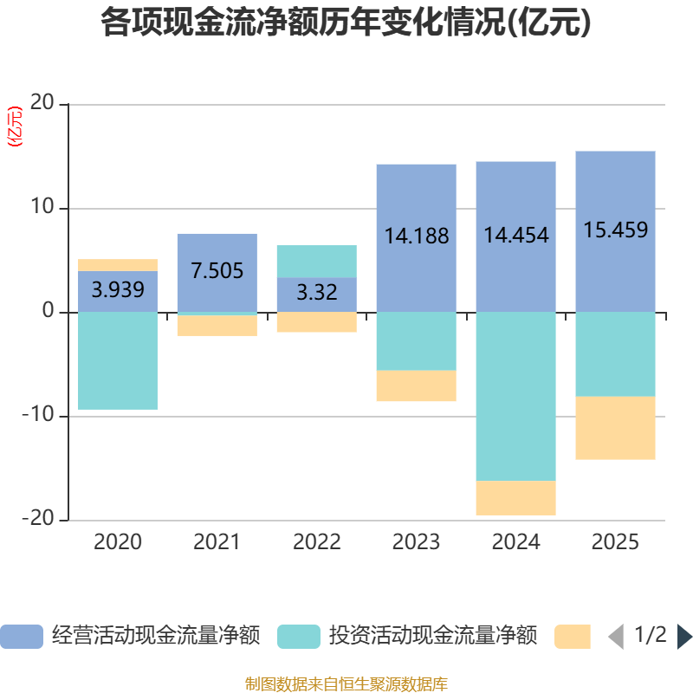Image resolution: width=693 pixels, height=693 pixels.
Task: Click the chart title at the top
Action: [x=346, y=23]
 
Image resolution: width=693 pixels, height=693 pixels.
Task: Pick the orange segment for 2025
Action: [x=615, y=428]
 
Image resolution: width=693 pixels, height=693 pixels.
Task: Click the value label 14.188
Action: [x=416, y=236]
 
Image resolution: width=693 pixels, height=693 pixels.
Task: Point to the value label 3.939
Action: [x=118, y=290]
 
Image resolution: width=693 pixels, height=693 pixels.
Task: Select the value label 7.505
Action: [x=217, y=270]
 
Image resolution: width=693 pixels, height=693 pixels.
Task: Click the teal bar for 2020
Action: [x=118, y=360]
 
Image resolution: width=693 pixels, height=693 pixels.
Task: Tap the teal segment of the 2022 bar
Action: [x=316, y=261]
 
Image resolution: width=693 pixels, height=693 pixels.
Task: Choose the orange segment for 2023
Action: [x=416, y=386]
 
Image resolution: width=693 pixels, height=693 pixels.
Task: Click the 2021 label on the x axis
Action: [x=217, y=543]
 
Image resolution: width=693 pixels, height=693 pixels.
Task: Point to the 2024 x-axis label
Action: [x=515, y=543]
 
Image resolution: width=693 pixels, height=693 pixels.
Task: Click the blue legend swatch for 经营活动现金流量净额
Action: [x=21, y=637]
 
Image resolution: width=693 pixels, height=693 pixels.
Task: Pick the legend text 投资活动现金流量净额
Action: [x=433, y=637]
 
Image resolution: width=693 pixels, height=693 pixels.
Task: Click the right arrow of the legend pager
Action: [x=684, y=637]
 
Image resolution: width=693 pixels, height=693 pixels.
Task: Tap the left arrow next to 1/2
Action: [x=616, y=637]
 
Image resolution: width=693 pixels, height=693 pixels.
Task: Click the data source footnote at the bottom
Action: [x=346, y=684]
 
